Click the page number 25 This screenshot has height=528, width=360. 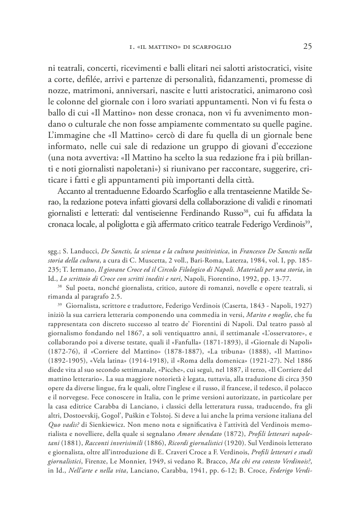point(307,47)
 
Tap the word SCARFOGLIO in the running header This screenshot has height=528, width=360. point(211,48)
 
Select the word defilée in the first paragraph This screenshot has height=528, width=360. point(88,79)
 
